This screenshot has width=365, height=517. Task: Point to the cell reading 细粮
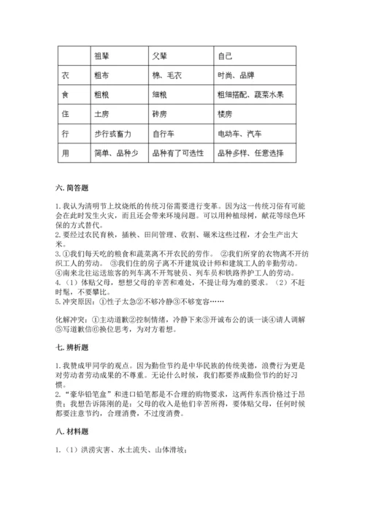pos(160,94)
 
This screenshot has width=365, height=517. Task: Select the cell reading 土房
pos(104,114)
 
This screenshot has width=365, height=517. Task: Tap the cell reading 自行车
pos(164,134)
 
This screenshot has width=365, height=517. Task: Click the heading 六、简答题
pos(75,188)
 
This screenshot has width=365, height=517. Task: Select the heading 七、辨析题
pos(75,343)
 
